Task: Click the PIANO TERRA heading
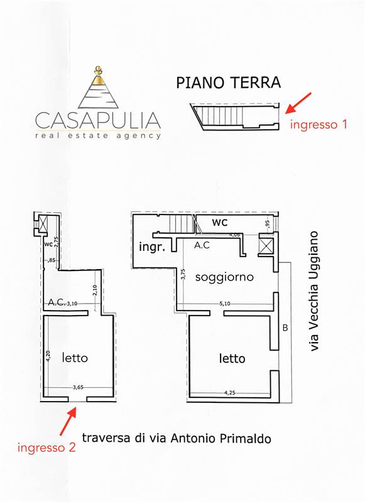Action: tap(229, 83)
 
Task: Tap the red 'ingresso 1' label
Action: tap(319, 124)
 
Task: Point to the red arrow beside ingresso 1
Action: tap(298, 103)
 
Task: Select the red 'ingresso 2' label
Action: tap(46, 447)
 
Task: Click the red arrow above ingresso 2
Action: tap(68, 421)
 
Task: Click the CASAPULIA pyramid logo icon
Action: tap(98, 87)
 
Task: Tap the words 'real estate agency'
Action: tap(98, 136)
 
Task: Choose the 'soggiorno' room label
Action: tap(224, 277)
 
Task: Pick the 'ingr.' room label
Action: tap(152, 247)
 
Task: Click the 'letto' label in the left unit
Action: tap(75, 358)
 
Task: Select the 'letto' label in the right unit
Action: tap(232, 358)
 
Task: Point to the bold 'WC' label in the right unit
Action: tap(220, 222)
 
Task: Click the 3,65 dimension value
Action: tap(78, 387)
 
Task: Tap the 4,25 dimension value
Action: tap(230, 393)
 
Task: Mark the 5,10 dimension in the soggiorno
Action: tap(225, 303)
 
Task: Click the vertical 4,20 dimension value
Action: tap(48, 356)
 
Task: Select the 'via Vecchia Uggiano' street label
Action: tap(314, 291)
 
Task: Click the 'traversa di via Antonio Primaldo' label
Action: tap(177, 438)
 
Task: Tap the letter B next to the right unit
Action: tap(285, 328)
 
